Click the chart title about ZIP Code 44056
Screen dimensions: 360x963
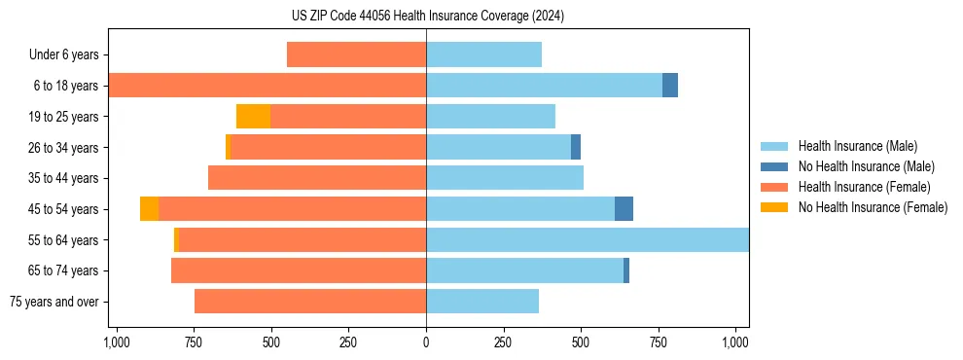click(427, 16)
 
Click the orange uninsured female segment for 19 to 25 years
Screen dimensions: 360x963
click(253, 117)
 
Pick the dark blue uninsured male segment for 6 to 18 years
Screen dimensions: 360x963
click(670, 86)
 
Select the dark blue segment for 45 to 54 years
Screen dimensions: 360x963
click(624, 209)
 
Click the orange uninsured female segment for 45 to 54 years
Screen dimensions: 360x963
click(149, 209)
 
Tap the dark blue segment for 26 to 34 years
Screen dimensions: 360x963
click(576, 147)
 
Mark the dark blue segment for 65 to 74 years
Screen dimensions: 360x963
click(626, 270)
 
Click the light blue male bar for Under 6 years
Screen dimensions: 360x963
click(483, 55)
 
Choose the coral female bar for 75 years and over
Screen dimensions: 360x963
click(310, 302)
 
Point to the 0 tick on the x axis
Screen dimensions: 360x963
click(426, 342)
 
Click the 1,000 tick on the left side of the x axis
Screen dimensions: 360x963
click(116, 342)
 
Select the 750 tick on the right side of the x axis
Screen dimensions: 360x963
click(659, 342)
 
